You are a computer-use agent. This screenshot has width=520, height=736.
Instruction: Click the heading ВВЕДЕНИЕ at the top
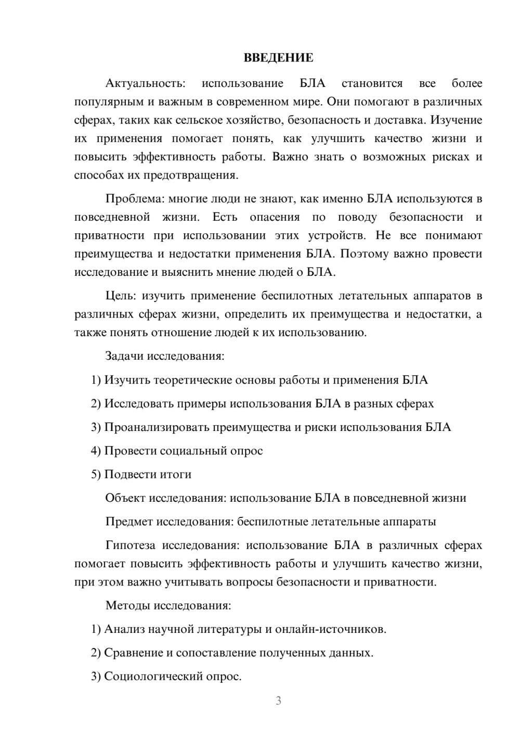coord(278,58)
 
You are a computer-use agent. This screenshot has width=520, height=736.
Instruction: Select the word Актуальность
coord(145,83)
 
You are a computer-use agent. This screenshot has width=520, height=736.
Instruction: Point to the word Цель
coord(121,296)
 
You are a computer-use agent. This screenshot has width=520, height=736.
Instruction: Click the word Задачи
coord(125,356)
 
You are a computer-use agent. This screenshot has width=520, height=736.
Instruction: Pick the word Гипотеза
coord(130,545)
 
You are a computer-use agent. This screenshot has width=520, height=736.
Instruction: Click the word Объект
coord(125,498)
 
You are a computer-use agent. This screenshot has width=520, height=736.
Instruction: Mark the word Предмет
coord(129,522)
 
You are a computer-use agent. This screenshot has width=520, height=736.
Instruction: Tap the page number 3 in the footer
coord(278,701)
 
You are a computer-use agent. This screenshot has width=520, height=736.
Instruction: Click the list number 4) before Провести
coord(96,451)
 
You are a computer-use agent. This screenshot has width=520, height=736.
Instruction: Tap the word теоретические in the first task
coord(193,380)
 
